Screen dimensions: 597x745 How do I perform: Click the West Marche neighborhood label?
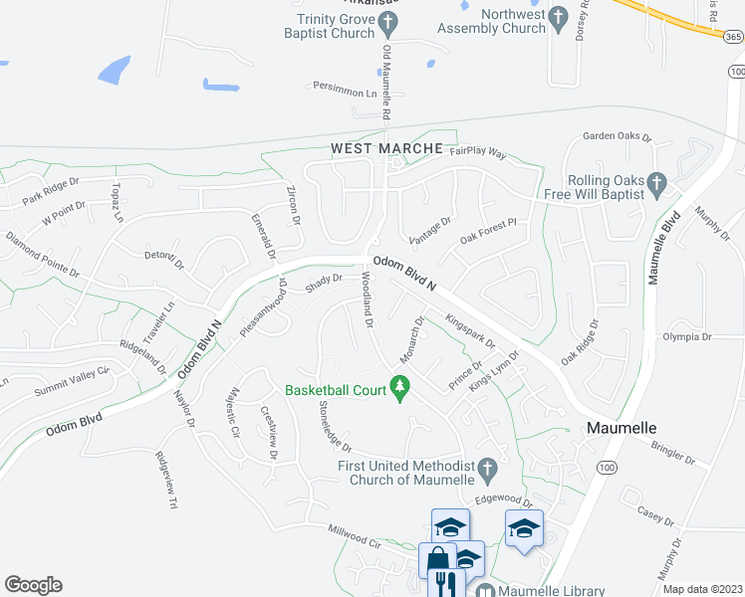pos(386,148)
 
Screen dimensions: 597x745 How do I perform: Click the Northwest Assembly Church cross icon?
pos(558,16)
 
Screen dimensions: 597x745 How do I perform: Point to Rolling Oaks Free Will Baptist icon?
pos(656,183)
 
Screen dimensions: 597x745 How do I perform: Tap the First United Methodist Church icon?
pos(487,467)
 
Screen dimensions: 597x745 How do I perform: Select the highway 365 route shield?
pos(732,36)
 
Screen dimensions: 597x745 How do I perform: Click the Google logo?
pos(33,584)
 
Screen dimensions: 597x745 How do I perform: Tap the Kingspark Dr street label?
pos(469,330)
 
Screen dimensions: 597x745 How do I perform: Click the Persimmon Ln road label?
pos(345,90)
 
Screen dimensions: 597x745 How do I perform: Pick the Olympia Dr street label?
pos(686,337)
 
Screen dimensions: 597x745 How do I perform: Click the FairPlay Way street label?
pos(478,154)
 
